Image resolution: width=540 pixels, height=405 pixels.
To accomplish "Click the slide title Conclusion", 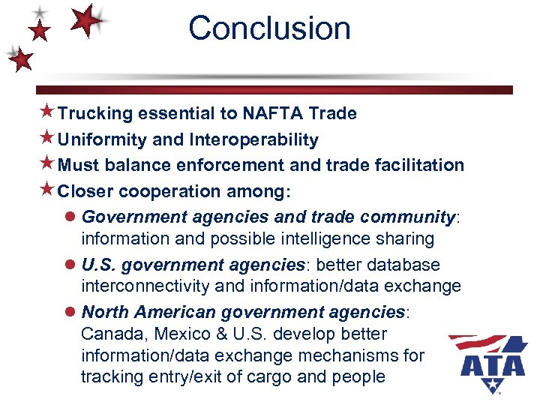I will click(x=269, y=28).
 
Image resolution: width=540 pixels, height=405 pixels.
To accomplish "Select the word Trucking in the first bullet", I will click(x=95, y=113).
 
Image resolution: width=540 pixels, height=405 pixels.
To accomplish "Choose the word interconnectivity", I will click(x=145, y=286).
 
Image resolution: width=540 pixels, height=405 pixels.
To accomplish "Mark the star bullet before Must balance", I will click(x=46, y=164).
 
